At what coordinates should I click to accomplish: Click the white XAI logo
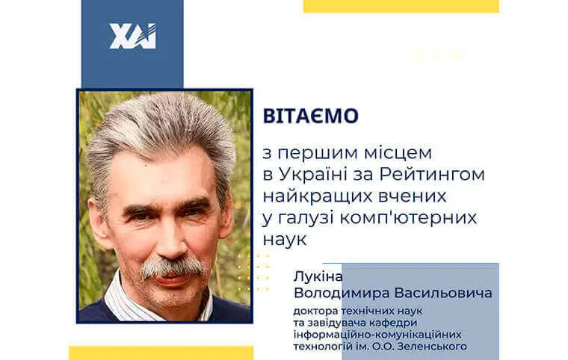pos(132,37)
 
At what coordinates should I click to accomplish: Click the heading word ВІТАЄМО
pos(309,117)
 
